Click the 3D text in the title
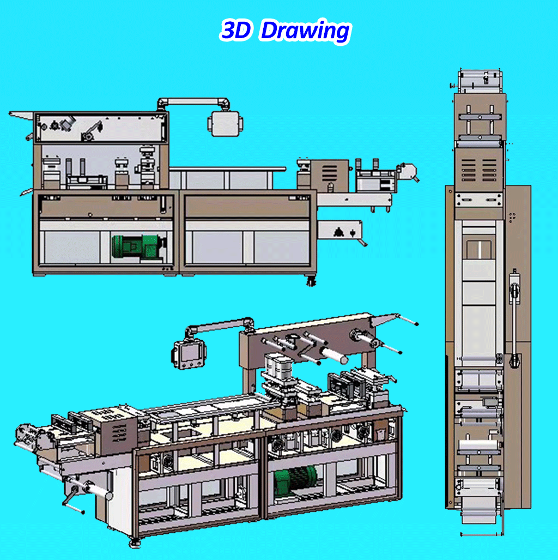tap(235, 31)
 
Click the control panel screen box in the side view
tap(225, 124)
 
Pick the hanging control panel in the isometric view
tap(189, 353)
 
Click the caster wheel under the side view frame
tap(311, 281)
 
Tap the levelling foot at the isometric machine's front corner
tap(135, 543)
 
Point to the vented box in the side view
tap(329, 176)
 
